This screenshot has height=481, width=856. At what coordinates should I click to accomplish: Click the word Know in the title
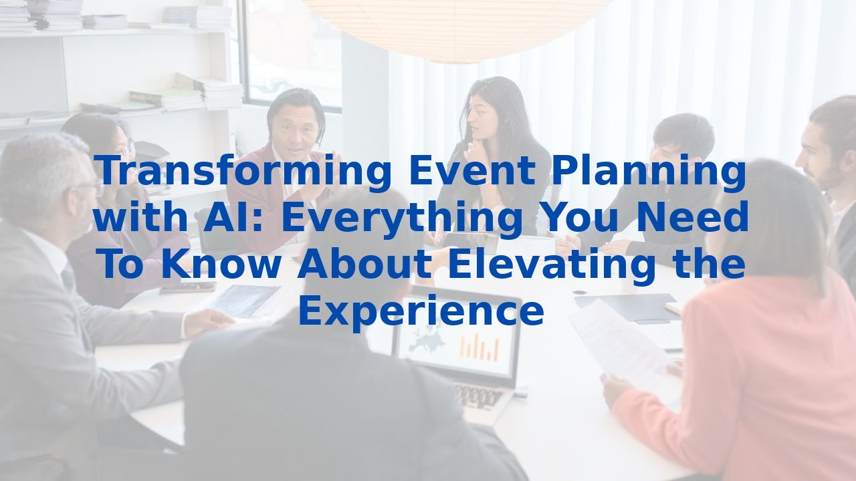[x=221, y=264]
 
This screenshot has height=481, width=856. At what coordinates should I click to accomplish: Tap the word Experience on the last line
[x=421, y=311]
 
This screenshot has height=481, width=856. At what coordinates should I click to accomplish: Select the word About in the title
[x=364, y=264]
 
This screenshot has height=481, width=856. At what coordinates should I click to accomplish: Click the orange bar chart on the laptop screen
[x=479, y=347]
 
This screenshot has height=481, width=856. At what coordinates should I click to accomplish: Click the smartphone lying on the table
[x=187, y=288]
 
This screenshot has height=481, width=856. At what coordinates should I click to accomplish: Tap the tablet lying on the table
[x=244, y=300]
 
